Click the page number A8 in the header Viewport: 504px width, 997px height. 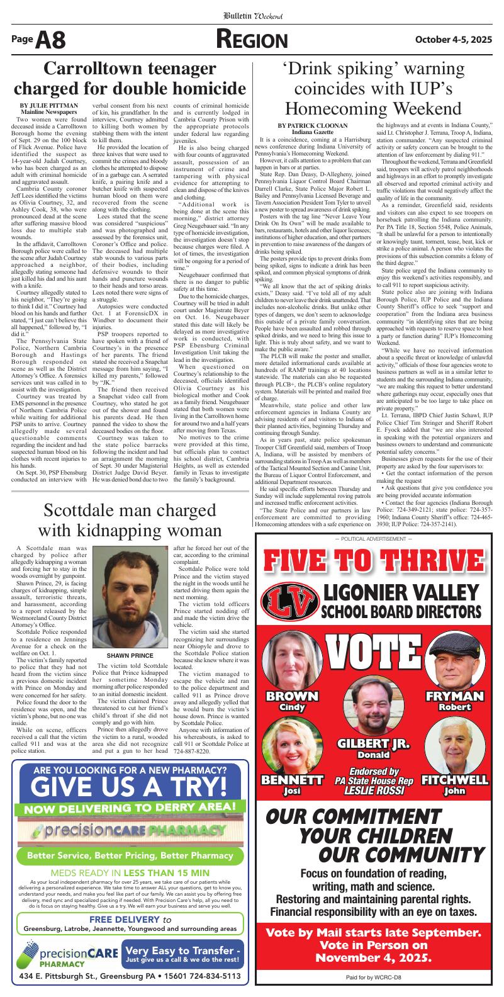pos(50,41)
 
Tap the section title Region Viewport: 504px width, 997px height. pos(252,40)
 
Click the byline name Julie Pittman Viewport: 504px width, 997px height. pos(49,105)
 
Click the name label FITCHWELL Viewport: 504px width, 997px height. pos(455,780)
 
